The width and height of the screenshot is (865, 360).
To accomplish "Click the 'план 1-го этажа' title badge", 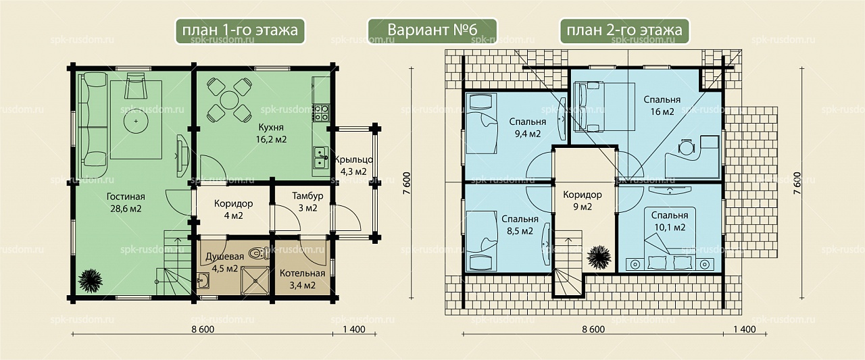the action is (240, 31).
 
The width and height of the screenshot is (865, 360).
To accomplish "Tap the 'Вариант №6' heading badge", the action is (432, 31).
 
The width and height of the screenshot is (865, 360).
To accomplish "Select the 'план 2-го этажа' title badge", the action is (624, 31).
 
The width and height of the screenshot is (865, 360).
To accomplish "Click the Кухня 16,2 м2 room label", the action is (271, 133).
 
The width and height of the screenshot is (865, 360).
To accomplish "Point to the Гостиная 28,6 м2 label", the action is (126, 203).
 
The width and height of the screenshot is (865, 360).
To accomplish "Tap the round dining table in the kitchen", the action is (229, 100).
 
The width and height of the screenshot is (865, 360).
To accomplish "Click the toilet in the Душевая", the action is (259, 253).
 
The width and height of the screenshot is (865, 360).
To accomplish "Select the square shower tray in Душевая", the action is (255, 281).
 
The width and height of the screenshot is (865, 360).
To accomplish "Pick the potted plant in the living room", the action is (91, 280).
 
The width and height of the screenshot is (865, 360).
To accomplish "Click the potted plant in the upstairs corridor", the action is (599, 257).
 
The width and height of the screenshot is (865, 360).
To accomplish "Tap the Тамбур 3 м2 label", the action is (307, 202).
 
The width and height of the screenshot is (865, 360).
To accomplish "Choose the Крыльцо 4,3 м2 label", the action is (353, 165).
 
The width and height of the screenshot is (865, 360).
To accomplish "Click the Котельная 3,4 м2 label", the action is (302, 280).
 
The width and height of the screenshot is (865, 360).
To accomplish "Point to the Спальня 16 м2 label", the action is (662, 106).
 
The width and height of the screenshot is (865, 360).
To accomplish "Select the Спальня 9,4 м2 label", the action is (528, 128).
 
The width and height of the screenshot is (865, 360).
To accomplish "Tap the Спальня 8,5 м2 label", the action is (520, 225).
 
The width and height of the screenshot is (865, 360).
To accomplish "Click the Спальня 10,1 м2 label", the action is (670, 221).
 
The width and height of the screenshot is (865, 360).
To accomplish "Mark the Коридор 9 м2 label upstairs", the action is (583, 201).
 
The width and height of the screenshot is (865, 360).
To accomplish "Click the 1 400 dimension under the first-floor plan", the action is (354, 329).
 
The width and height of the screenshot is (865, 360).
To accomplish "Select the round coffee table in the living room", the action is (136, 121).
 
